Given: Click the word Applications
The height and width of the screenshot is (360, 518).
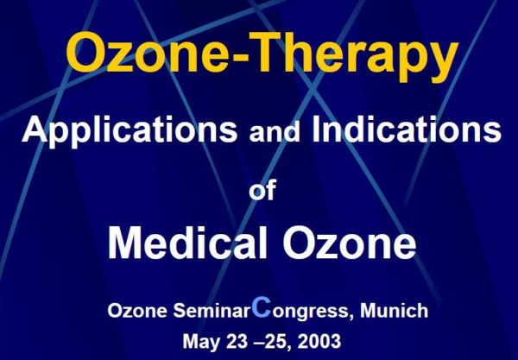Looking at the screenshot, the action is (x=129, y=130).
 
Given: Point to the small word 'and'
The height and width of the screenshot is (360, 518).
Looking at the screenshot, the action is (x=275, y=132).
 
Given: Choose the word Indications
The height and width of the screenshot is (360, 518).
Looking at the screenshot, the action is (x=407, y=129).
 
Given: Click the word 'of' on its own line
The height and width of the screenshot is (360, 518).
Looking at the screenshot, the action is (x=262, y=190).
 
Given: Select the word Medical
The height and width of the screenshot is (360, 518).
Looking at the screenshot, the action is (x=187, y=243).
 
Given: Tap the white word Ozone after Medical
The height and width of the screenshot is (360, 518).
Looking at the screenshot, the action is (x=349, y=243).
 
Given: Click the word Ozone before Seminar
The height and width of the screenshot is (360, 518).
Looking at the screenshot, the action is (x=137, y=311).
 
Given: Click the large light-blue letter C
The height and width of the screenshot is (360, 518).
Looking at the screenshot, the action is (x=262, y=306).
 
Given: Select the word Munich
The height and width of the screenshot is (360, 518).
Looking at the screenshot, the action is (x=395, y=311).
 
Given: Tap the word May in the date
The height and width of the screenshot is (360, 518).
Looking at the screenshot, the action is (x=201, y=342).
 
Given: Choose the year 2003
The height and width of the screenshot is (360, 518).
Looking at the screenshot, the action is (x=319, y=341).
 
